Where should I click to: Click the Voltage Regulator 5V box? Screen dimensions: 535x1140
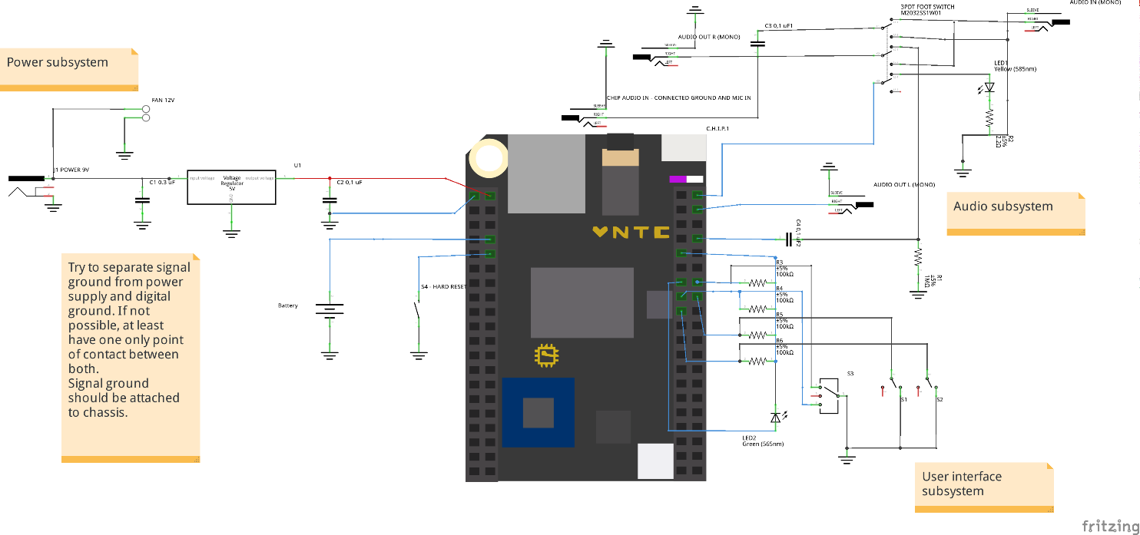[231, 187]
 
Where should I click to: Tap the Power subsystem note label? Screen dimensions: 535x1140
[58, 63]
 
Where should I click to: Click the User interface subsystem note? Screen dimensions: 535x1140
[963, 484]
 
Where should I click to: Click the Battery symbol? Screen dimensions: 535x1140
[329, 310]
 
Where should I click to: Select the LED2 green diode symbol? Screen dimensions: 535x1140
[776, 417]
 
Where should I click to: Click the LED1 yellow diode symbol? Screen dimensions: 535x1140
[989, 87]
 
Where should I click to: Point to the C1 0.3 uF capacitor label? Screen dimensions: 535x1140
[162, 182]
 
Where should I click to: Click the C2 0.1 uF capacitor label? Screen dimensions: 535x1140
[350, 183]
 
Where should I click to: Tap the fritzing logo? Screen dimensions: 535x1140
[1109, 525]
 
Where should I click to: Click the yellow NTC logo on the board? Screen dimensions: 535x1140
[631, 231]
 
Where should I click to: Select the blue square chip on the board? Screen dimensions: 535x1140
[538, 412]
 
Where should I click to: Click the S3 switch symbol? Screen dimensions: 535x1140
[829, 395]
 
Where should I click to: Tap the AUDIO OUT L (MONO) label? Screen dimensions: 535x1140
[904, 185]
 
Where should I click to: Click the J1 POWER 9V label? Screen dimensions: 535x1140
[71, 169]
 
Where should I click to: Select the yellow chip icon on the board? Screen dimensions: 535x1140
[546, 355]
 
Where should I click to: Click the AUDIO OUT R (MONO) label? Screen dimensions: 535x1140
[709, 37]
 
